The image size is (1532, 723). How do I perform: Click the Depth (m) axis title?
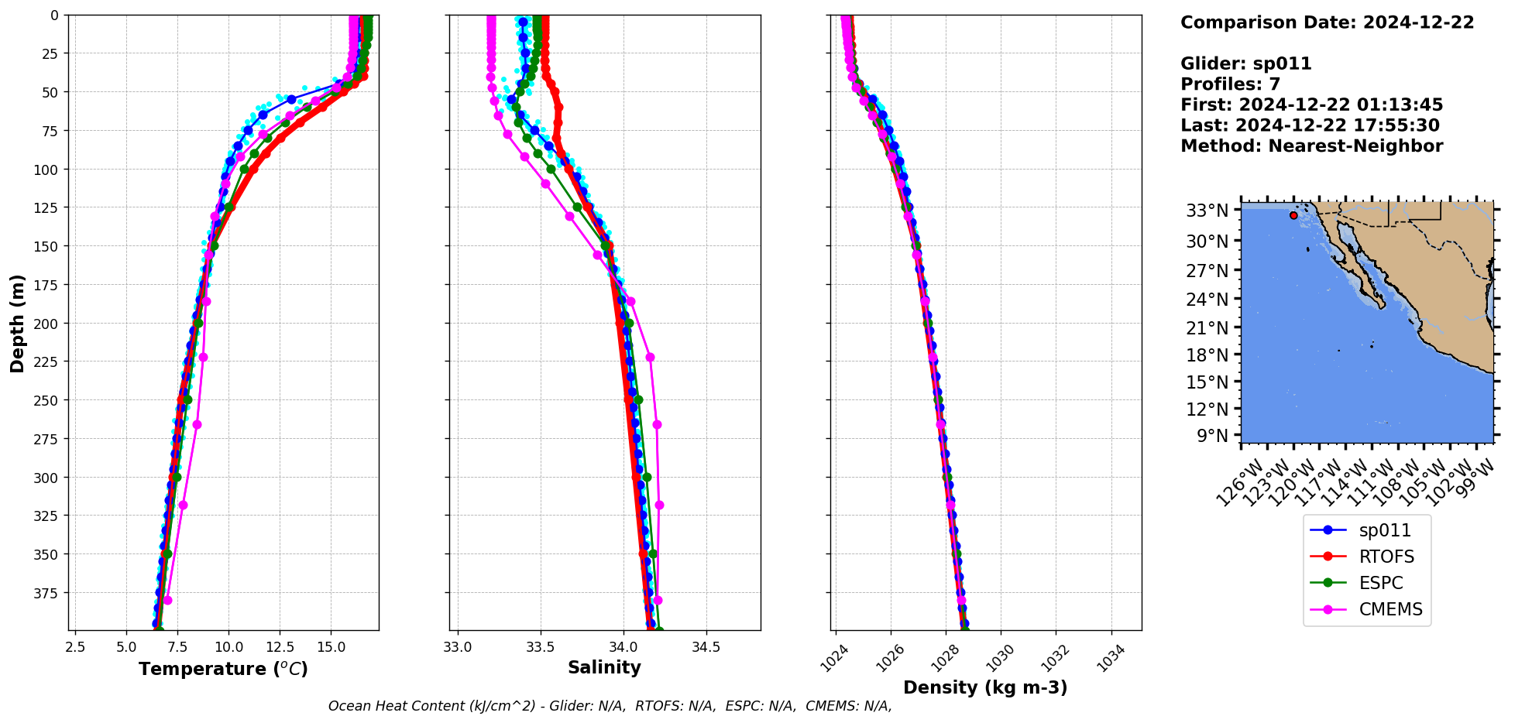click(18, 323)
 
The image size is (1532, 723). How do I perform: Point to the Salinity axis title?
click(604, 667)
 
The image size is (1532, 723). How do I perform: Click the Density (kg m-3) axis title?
click(985, 687)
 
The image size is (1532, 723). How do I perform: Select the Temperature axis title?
click(223, 669)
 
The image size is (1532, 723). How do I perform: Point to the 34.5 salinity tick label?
click(705, 646)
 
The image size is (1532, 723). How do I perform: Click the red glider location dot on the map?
click(1293, 215)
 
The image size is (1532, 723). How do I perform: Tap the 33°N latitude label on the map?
click(1207, 211)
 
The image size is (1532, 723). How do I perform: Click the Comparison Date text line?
click(1327, 22)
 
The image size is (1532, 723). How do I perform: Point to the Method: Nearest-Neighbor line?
click(1311, 146)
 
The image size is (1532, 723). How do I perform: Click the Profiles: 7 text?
click(1230, 84)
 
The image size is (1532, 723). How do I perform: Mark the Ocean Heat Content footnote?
click(610, 706)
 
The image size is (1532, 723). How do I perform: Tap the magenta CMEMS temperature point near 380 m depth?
click(167, 600)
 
